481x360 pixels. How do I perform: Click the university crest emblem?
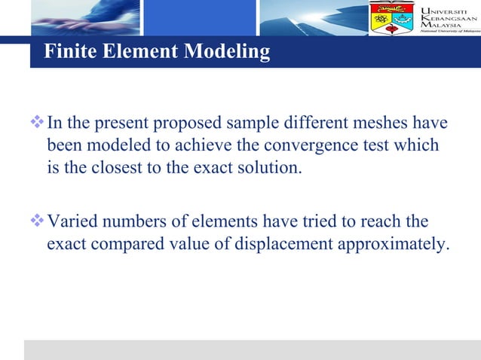(x=391, y=18)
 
